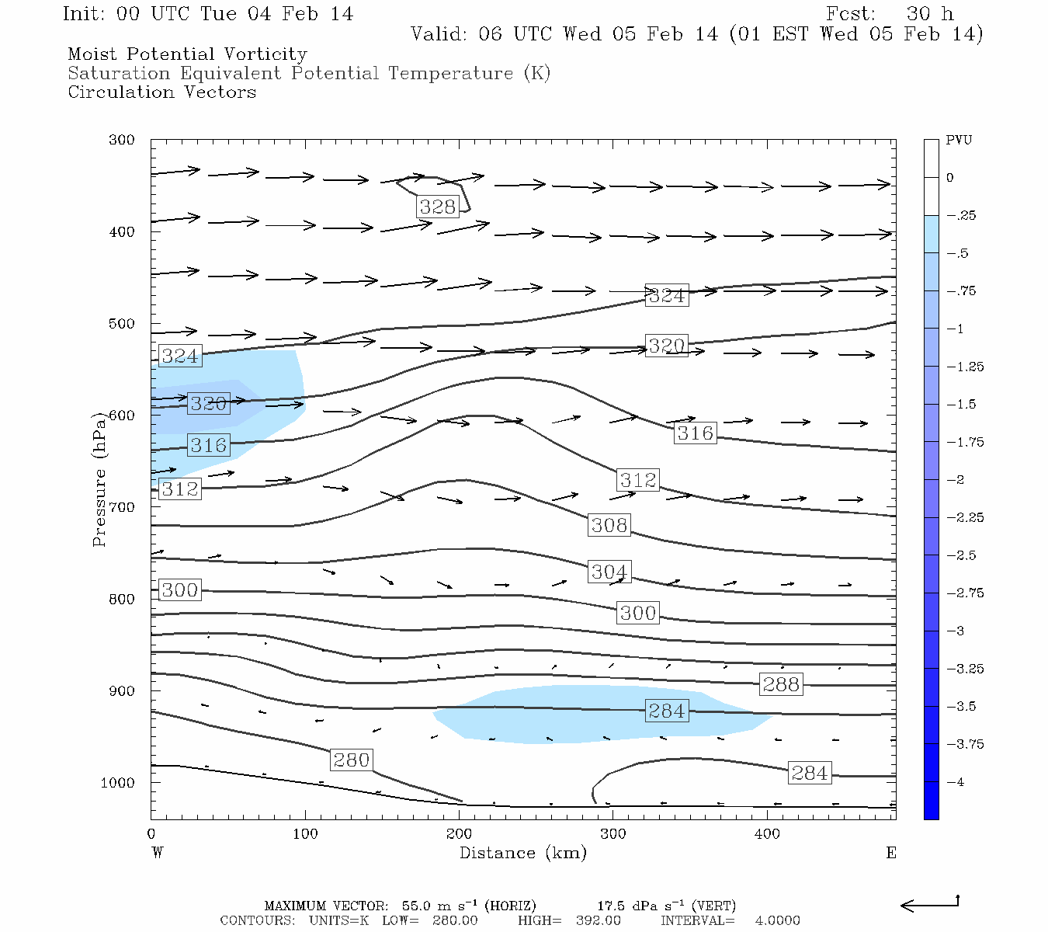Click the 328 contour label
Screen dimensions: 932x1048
click(438, 207)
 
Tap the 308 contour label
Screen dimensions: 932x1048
click(609, 526)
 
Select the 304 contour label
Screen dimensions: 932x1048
click(609, 572)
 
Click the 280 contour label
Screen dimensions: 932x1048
click(351, 760)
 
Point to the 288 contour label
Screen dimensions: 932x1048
click(781, 684)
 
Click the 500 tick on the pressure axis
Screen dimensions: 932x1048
click(122, 324)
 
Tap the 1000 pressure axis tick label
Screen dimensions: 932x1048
click(118, 783)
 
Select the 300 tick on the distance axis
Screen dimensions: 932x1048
click(613, 834)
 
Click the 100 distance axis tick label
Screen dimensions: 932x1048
click(305, 834)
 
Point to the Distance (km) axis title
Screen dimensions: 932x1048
click(522, 853)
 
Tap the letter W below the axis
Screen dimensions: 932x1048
click(158, 853)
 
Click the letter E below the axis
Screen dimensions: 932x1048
click(891, 853)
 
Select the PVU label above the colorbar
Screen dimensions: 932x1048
click(959, 141)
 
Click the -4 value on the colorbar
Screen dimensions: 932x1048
click(956, 782)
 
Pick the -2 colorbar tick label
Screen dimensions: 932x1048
click(956, 480)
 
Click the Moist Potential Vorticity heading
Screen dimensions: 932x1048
click(187, 54)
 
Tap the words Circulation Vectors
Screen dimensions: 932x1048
click(161, 92)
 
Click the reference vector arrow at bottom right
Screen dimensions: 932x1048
click(930, 904)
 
